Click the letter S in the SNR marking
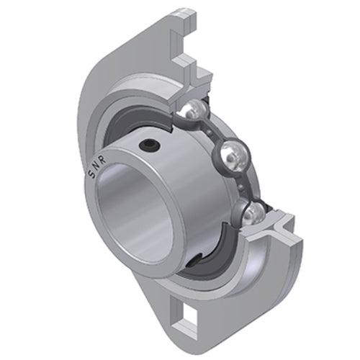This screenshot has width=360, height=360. tap(92, 175)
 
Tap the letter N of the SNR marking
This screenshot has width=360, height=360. tap(96, 166)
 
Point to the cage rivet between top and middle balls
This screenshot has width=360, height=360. tap(210, 132)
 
